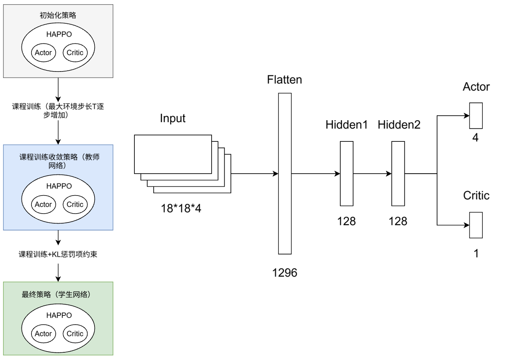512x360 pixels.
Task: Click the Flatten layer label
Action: [284, 80]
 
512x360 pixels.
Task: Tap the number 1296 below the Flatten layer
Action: [284, 272]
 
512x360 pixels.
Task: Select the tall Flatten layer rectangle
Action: [285, 173]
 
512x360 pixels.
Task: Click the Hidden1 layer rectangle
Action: [346, 173]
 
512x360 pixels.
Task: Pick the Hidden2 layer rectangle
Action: [398, 173]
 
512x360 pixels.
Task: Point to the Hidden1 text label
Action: [346, 124]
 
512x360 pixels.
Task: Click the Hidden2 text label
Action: [399, 124]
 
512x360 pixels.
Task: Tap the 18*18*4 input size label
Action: [181, 209]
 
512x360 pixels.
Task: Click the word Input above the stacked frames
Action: [172, 118]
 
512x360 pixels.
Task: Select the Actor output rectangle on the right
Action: [476, 115]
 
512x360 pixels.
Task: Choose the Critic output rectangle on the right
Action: [476, 225]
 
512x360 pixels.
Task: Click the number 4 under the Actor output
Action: [475, 138]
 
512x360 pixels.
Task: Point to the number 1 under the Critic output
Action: [476, 253]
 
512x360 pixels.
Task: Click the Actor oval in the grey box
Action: [43, 53]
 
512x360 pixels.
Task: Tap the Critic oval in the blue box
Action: [75, 204]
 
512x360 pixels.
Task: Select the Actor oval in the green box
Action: [43, 333]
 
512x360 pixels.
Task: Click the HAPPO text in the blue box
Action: [59, 186]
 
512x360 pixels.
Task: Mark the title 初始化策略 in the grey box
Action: [58, 15]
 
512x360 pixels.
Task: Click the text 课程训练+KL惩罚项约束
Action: [58, 254]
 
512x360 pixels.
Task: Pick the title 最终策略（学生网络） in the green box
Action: [58, 295]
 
